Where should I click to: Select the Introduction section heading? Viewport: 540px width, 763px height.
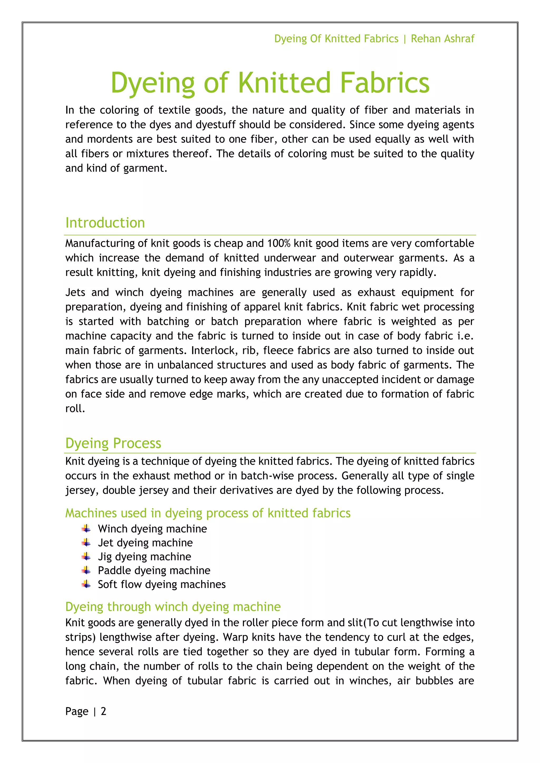[105, 223]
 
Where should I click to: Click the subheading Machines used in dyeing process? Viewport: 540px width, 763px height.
[208, 513]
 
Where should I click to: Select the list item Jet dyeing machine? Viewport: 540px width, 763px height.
[145, 543]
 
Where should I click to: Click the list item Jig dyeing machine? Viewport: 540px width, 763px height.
[144, 557]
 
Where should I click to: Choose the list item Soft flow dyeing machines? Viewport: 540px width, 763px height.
[162, 584]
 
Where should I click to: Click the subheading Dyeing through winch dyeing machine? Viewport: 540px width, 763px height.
[173, 607]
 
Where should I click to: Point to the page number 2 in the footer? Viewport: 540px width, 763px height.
[103, 711]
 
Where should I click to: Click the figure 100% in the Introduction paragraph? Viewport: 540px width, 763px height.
[279, 243]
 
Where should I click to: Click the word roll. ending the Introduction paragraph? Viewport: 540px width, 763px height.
[75, 408]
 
